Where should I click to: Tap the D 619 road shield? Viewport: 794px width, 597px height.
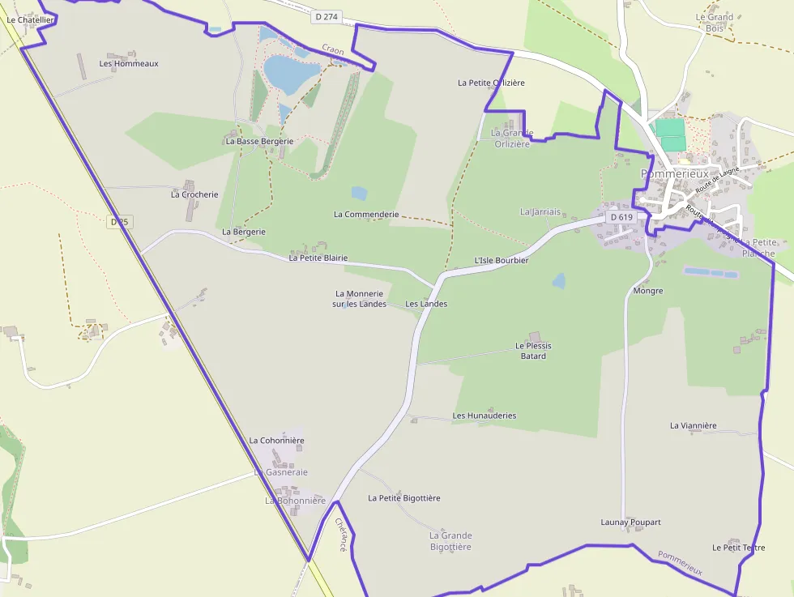[x=621, y=217]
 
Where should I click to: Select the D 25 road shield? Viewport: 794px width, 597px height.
[x=118, y=221]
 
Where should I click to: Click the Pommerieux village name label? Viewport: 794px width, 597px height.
[x=674, y=173]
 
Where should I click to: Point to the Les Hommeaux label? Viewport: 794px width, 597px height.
[x=129, y=63]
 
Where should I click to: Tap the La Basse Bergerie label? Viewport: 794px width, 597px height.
[x=259, y=141]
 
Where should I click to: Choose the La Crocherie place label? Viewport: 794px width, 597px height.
[x=194, y=194]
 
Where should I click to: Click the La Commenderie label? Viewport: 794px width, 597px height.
[x=366, y=215]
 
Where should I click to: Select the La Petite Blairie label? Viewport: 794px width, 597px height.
[x=318, y=258]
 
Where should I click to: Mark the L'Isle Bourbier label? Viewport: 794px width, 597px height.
[x=501, y=261]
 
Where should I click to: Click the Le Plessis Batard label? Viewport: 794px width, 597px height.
[x=533, y=351]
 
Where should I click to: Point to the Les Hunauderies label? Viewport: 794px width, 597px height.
[x=484, y=416]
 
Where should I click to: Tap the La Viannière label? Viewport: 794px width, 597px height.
[x=693, y=425]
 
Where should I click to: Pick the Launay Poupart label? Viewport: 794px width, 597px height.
[x=630, y=522]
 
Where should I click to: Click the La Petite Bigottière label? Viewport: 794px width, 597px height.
[x=403, y=498]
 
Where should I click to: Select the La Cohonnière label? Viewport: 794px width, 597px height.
[x=276, y=441]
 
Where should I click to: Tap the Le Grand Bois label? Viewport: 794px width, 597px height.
[x=714, y=23]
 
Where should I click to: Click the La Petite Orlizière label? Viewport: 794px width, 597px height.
[x=491, y=83]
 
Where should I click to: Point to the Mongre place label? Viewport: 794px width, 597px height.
[x=647, y=291]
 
